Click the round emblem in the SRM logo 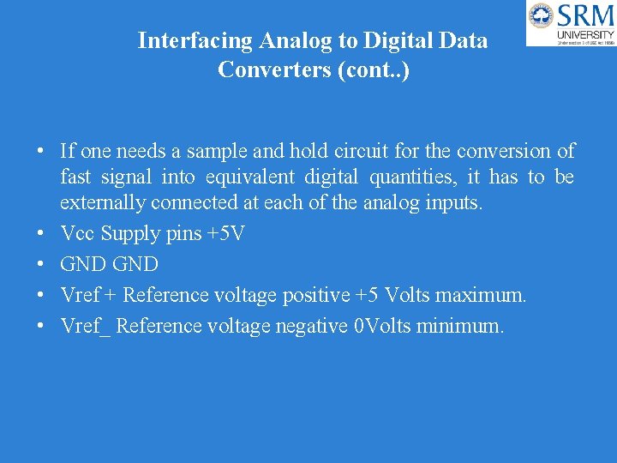pos(541,15)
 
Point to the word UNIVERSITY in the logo pos(586,34)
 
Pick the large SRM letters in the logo pos(585,15)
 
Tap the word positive pos(314,295)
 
